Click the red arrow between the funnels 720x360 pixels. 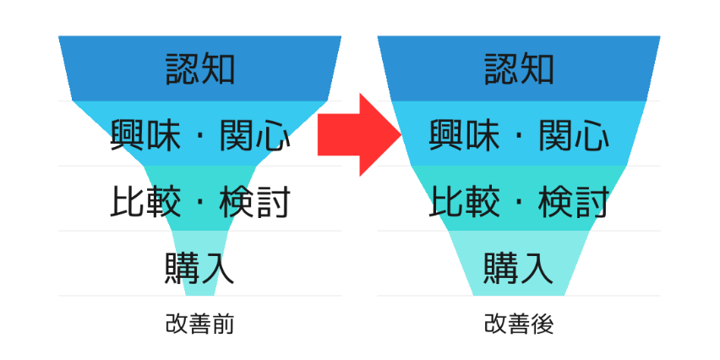[x=357, y=134]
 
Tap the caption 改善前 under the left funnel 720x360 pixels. [x=199, y=324]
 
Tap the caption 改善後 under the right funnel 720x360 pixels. [x=519, y=324]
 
